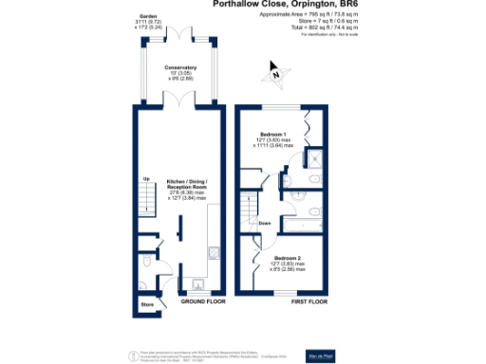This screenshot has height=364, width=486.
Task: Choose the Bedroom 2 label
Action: click(287, 257)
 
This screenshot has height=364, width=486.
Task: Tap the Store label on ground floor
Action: click(147, 305)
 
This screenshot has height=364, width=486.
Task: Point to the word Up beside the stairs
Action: click(146, 179)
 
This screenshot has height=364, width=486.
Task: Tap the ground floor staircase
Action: click(146, 202)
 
